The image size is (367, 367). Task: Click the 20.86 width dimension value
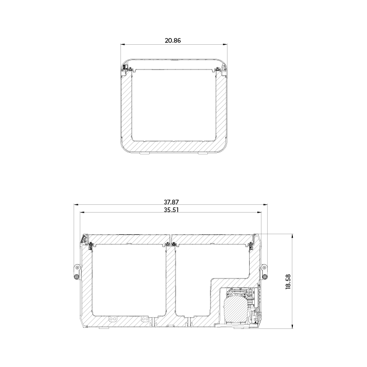pyautogui.click(x=173, y=40)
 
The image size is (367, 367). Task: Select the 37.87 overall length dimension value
pyautogui.click(x=171, y=202)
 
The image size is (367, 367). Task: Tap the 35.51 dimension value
pyautogui.click(x=171, y=210)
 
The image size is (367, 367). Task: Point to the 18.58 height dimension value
pyautogui.click(x=288, y=282)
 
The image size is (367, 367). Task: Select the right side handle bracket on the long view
pyautogui.click(x=265, y=271)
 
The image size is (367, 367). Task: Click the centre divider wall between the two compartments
pyautogui.click(x=171, y=281)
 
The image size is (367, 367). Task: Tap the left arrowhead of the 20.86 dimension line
pyautogui.click(x=123, y=45)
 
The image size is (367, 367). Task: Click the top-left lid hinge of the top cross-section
pyautogui.click(x=126, y=67)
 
